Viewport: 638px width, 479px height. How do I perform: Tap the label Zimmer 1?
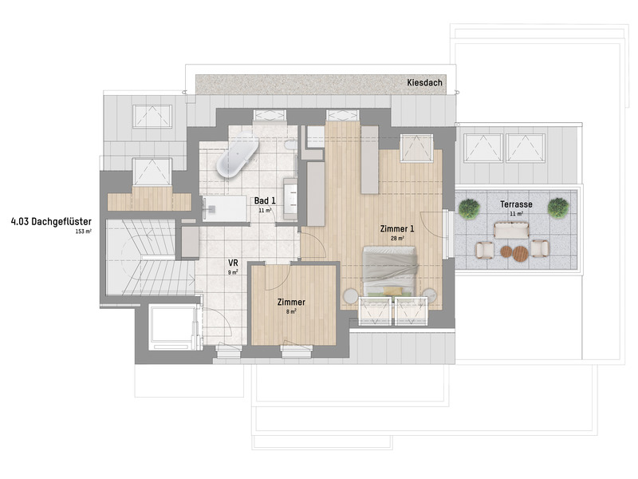coord(396,228)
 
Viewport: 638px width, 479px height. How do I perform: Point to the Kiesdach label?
coord(423,82)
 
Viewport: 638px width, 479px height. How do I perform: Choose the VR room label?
coord(234,263)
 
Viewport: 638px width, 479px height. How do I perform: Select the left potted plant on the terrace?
coord(470,209)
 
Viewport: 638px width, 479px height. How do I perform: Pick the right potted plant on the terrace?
coord(558,208)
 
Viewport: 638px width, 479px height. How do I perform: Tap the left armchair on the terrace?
coord(483,250)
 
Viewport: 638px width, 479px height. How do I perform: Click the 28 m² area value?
coord(397,238)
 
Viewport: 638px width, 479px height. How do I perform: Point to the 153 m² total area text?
coord(84,231)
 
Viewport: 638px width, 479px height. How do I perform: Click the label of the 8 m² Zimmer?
coord(291,303)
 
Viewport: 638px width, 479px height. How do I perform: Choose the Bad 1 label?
coord(265,200)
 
